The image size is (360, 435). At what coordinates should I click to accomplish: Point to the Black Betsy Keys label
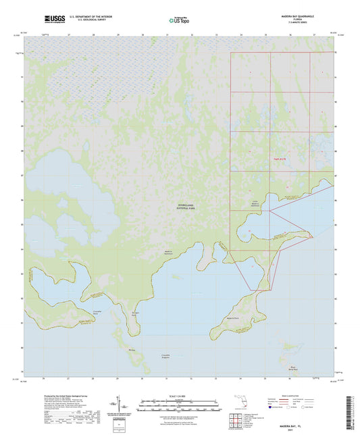294,369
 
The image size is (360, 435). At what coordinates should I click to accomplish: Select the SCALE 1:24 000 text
179,396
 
